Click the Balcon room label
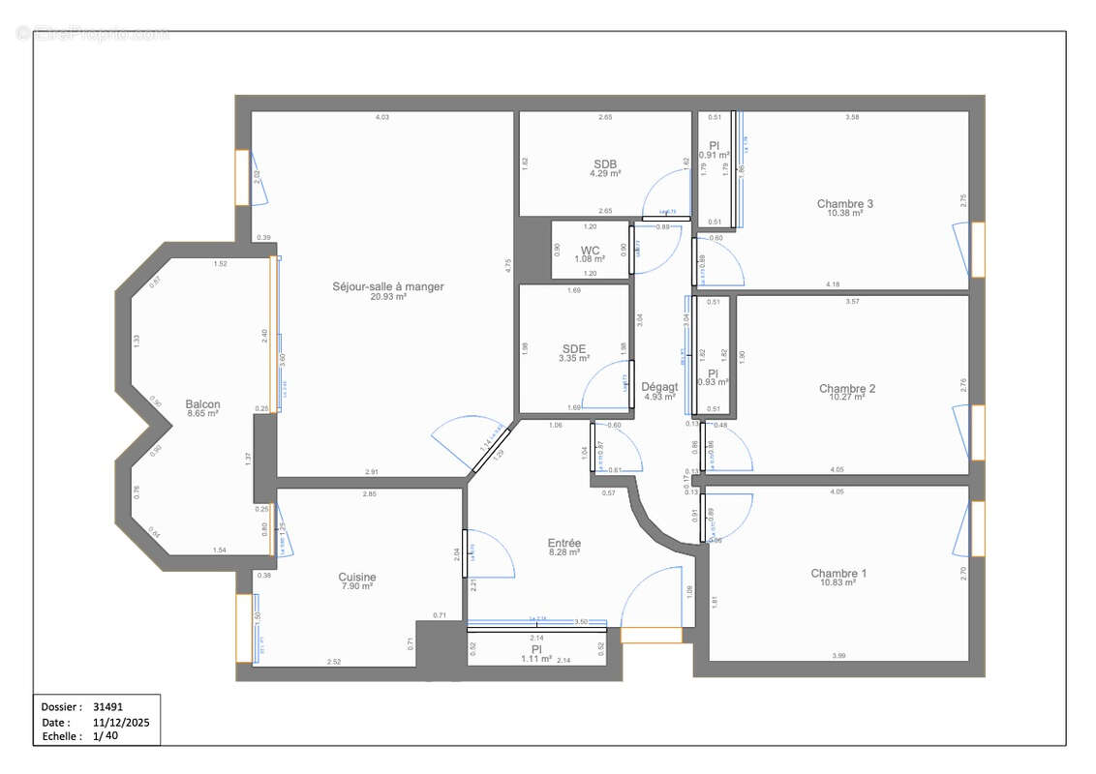pyautogui.click(x=202, y=404)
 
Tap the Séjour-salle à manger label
pyautogui.click(x=387, y=286)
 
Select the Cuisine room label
pyautogui.click(x=357, y=577)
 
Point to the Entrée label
pyautogui.click(x=563, y=543)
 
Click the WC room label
pyautogui.click(x=591, y=250)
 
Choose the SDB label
pyautogui.click(x=605, y=164)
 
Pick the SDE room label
pyautogui.click(x=574, y=348)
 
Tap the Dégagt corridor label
pyautogui.click(x=659, y=386)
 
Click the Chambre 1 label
pyautogui.click(x=838, y=573)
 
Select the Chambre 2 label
pyautogui.click(x=847, y=388)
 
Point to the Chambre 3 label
pyautogui.click(x=844, y=203)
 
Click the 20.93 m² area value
pyautogui.click(x=387, y=297)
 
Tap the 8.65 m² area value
pyautogui.click(x=202, y=414)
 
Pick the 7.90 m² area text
pyautogui.click(x=357, y=586)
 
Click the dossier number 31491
pyautogui.click(x=108, y=707)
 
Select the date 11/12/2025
pyautogui.click(x=121, y=722)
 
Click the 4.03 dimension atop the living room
pyautogui.click(x=382, y=117)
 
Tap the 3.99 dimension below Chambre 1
pyautogui.click(x=837, y=656)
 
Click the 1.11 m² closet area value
pyautogui.click(x=535, y=658)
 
